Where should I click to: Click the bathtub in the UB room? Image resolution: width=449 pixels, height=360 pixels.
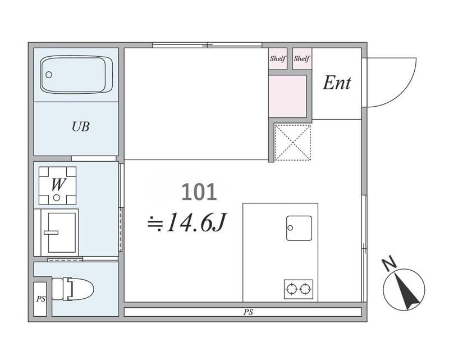(76, 75)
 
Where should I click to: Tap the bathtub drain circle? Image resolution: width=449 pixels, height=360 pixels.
(49, 75)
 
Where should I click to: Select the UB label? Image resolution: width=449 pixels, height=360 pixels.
(81, 127)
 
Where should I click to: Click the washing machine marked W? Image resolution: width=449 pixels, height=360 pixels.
(58, 185)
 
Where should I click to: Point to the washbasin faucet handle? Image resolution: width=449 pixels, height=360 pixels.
(51, 233)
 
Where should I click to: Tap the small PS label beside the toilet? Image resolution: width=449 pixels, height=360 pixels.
(40, 299)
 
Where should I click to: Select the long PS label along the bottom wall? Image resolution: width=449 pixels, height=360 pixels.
(248, 312)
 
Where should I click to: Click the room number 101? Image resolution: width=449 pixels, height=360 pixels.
(199, 192)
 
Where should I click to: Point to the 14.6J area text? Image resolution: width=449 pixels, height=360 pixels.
(187, 222)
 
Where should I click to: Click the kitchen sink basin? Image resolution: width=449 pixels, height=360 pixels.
(299, 228)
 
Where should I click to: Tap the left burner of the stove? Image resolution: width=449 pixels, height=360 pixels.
(292, 289)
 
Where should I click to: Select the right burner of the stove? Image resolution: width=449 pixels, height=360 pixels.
(305, 289)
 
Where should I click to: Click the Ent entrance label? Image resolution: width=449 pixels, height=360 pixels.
(337, 83)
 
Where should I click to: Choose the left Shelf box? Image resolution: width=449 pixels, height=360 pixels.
(278, 59)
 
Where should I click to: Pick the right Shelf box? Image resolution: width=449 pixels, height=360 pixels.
(302, 59)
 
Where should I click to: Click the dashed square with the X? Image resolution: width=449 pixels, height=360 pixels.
(292, 142)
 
